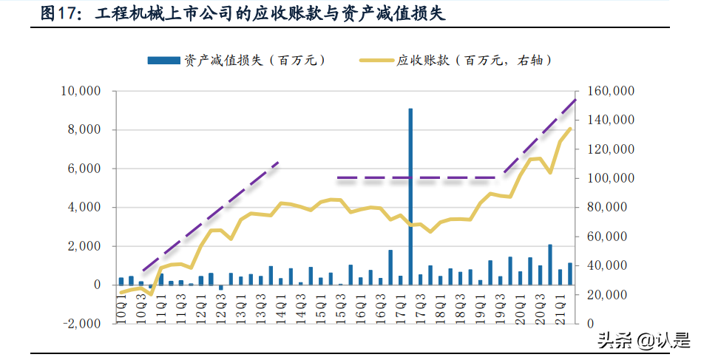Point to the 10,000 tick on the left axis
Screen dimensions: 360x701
click(81, 92)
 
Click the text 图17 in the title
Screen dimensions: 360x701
click(58, 13)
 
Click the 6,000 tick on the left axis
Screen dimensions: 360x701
click(86, 169)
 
